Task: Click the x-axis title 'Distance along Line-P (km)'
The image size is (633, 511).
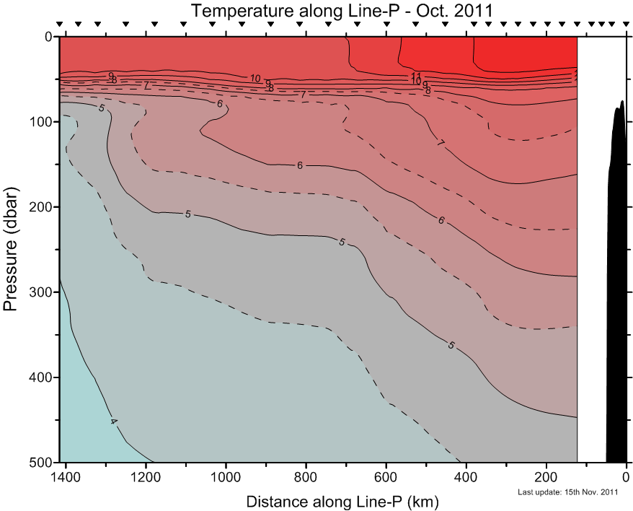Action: pos(342,501)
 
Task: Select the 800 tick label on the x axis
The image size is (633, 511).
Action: pos(306,476)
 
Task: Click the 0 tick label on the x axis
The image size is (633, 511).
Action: pos(626,476)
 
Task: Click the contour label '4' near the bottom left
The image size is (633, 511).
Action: pos(113,421)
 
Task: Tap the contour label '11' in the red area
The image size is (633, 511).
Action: pos(416,76)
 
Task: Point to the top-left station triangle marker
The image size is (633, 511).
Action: pos(60,25)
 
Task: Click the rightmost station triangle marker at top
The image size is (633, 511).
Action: pos(624,25)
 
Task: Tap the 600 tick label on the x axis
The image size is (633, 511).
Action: pos(386,476)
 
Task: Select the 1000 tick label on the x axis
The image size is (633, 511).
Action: pos(226,476)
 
